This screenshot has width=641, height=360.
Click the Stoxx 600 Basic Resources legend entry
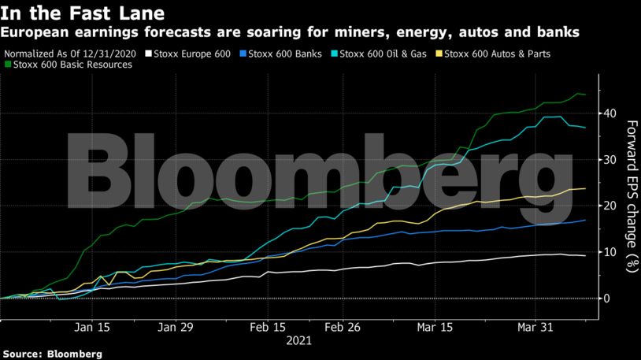pos(69,65)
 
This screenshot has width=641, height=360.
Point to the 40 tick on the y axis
pos(610,113)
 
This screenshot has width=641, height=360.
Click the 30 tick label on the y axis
pos(610,160)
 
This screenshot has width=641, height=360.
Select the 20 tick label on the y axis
pos(610,206)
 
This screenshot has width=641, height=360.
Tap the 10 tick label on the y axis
pos(610,252)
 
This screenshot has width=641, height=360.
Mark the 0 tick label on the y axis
pos(607,299)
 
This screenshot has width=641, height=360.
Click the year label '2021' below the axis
pos(299,342)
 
